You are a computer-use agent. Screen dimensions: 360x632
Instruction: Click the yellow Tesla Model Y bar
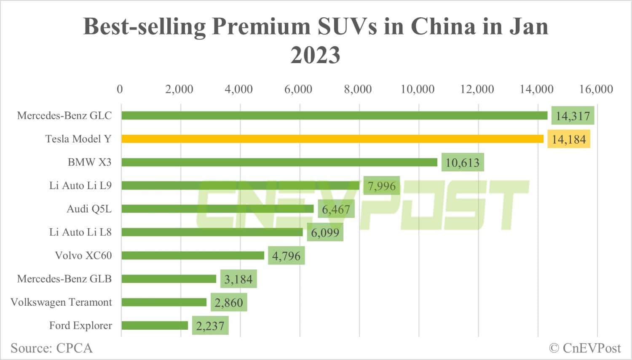[x=332, y=139]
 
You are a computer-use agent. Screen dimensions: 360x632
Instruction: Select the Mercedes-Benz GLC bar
[x=334, y=115]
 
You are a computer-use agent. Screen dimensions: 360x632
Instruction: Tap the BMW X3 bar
[x=279, y=162]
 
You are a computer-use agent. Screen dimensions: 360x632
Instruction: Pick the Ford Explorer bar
[x=155, y=325]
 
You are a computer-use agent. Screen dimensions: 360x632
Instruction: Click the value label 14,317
[x=573, y=116]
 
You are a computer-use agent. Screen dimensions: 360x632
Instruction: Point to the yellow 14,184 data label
[x=569, y=139]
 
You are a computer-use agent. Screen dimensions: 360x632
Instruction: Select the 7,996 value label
[x=382, y=186]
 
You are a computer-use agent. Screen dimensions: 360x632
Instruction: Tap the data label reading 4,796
[x=286, y=256]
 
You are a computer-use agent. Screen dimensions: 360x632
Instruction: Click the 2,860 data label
[x=229, y=302]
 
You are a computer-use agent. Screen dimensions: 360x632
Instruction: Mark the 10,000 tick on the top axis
[x=417, y=89]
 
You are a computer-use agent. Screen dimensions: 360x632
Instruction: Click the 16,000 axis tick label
[x=596, y=89]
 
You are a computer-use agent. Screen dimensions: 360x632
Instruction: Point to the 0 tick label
[x=120, y=89]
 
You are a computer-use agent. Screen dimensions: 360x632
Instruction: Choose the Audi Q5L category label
[x=89, y=209]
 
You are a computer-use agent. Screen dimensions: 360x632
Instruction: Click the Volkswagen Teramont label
[x=61, y=302]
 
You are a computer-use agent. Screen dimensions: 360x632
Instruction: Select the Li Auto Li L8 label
[x=80, y=232]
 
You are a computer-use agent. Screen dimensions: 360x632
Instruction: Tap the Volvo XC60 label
[x=83, y=256]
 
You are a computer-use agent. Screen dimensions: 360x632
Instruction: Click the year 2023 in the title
[x=315, y=55]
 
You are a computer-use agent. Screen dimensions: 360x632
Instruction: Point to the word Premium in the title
[x=261, y=26]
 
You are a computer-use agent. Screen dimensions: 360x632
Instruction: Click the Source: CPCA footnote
[x=51, y=348]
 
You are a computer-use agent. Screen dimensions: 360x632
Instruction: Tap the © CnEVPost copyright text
[x=585, y=348]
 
